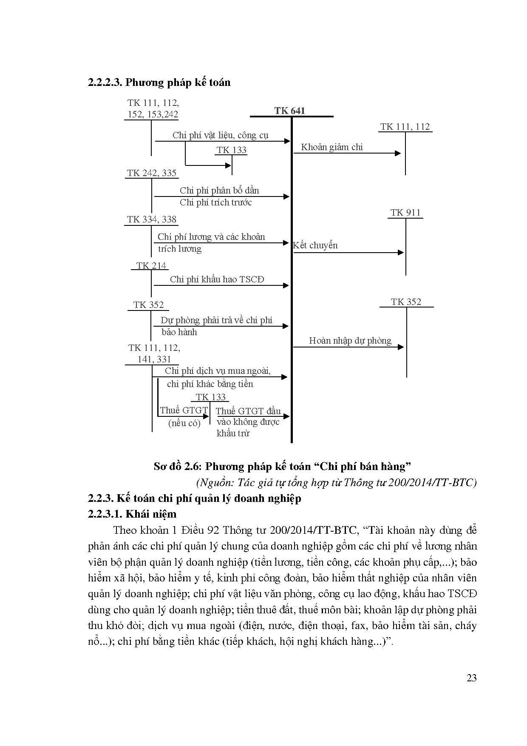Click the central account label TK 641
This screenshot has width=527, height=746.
pyautogui.click(x=289, y=111)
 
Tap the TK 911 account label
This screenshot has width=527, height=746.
pyautogui.click(x=405, y=213)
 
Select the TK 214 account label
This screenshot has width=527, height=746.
pyautogui.click(x=151, y=266)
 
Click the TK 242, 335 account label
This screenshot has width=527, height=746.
pyautogui.click(x=151, y=173)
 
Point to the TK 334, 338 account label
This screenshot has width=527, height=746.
pyautogui.click(x=151, y=219)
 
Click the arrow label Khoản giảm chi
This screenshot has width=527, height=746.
pyautogui.click(x=332, y=147)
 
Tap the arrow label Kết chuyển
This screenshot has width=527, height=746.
pyautogui.click(x=315, y=245)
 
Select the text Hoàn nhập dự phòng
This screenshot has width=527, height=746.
pyautogui.click(x=350, y=340)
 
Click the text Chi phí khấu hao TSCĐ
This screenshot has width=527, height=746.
pyautogui.click(x=217, y=279)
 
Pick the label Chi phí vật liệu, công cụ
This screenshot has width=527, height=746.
pyautogui.click(x=220, y=135)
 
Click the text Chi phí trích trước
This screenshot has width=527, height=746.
pyautogui.click(x=215, y=202)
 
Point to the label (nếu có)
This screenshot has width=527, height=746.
pyautogui.click(x=184, y=423)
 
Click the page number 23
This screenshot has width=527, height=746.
pyautogui.click(x=471, y=678)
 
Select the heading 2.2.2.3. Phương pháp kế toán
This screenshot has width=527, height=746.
pyautogui.click(x=159, y=82)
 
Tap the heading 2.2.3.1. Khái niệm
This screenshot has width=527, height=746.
pyautogui.click(x=132, y=514)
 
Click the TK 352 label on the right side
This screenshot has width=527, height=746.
pyautogui.click(x=406, y=302)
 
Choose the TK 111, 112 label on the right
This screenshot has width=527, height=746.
pyautogui.click(x=405, y=127)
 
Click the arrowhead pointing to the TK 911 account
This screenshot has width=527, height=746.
pyautogui.click(x=401, y=253)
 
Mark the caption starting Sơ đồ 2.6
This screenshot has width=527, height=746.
pyautogui.click(x=282, y=467)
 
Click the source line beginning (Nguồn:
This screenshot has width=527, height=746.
pyautogui.click(x=336, y=482)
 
